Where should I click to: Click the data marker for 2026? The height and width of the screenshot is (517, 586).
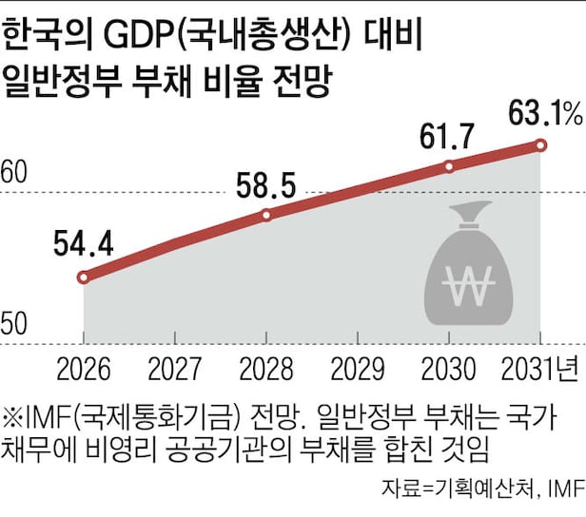coord(84,278)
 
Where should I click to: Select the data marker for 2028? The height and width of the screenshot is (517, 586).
coord(266,215)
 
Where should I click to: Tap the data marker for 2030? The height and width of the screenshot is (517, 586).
coord(450,166)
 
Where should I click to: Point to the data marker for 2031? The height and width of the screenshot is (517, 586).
coord(541,145)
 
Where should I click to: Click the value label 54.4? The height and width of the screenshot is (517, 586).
coord(84,244)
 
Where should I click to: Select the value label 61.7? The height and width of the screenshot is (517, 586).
coord(447,133)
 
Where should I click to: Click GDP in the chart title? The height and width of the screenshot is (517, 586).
coord(142,38)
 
